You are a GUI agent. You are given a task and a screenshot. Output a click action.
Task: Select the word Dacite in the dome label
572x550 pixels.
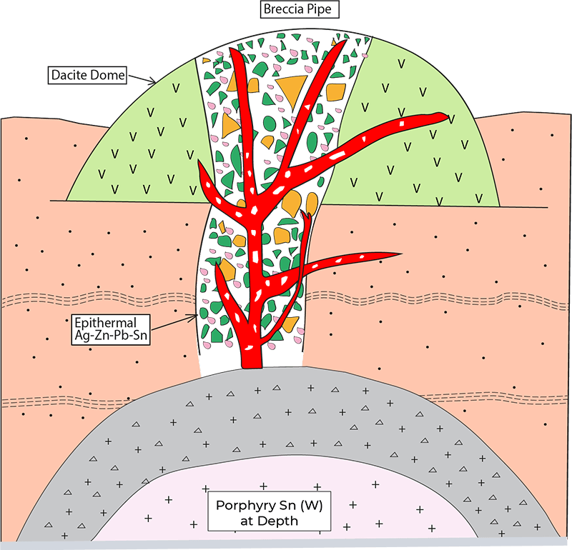pos(70,74)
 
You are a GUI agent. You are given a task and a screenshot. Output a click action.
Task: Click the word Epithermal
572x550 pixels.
pos(107,321)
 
